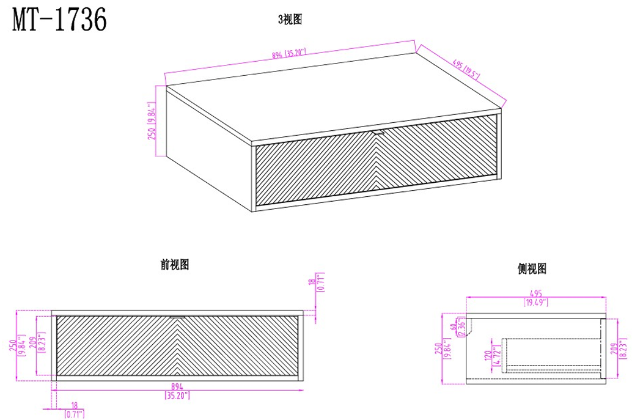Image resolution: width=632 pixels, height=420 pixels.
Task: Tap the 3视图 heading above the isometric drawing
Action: (290, 20)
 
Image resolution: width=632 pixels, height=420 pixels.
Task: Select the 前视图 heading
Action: (174, 265)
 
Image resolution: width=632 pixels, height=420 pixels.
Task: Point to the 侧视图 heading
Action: (531, 268)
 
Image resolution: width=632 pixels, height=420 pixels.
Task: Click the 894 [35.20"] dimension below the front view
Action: (177, 392)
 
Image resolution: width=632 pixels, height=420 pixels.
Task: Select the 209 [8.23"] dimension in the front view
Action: (42, 345)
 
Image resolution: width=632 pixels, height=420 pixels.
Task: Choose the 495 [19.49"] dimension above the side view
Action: (535, 298)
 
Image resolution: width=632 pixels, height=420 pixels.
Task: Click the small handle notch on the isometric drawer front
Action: (377, 131)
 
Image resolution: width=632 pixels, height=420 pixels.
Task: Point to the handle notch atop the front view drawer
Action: (177, 317)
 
